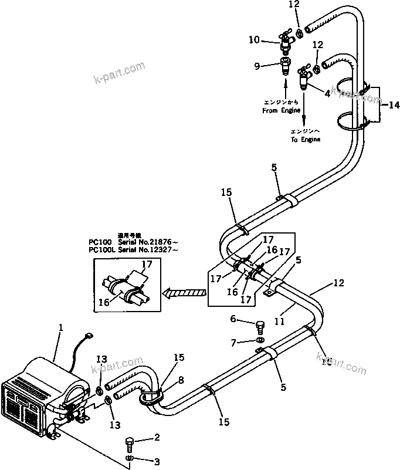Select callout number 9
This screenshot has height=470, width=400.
[x=256, y=66]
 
